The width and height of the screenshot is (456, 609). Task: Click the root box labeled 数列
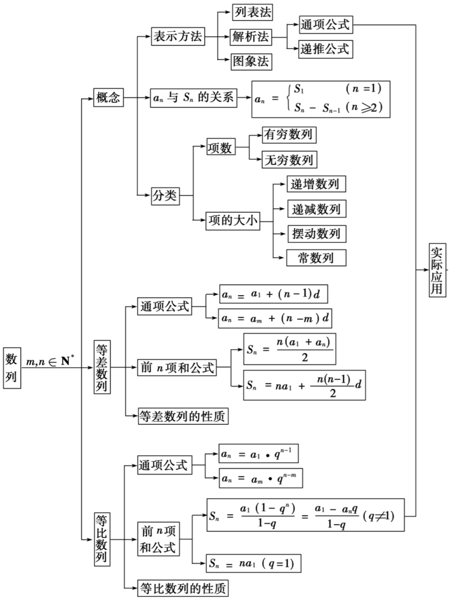pos(12,368)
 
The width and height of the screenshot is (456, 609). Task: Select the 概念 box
pos(108,97)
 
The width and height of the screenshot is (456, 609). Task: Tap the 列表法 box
pos(253,12)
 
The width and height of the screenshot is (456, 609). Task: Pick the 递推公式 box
pos(325,49)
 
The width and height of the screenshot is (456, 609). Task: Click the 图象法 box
pos(251,61)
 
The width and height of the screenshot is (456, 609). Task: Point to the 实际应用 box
pos(437,270)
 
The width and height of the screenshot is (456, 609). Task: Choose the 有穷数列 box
pos(289,135)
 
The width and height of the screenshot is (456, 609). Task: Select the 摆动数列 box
pos(316,234)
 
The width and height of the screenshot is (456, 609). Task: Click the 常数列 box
pos(316,258)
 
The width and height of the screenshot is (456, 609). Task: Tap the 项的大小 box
pos(233,221)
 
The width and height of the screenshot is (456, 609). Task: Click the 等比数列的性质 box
pos(183,588)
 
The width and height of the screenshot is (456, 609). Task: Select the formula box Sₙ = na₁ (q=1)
pos(253,563)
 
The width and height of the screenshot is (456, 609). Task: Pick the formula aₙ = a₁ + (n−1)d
pos(273,294)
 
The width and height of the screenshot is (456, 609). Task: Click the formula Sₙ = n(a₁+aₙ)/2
pos(289,349)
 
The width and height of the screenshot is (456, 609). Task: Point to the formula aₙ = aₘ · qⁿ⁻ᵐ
pos(261,478)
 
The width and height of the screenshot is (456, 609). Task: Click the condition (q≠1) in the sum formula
pos(378,516)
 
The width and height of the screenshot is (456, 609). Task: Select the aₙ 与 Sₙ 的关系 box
pos(193,98)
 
